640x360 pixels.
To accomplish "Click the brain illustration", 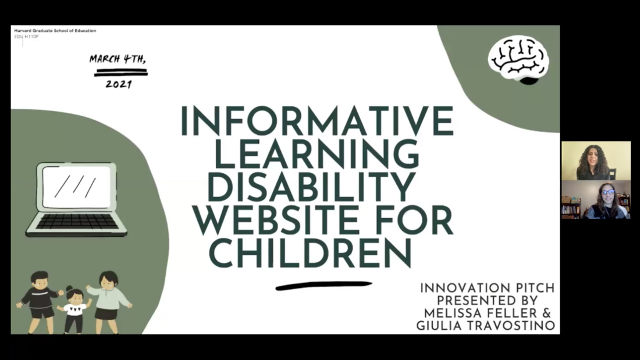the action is tap(518, 59).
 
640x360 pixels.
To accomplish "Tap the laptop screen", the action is tap(76, 187).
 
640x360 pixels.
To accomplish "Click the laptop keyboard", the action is tap(77, 221).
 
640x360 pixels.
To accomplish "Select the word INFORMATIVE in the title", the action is tap(317, 121).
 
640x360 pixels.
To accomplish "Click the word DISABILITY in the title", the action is tap(312, 187).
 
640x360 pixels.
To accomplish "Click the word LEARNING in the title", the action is tap(317, 154).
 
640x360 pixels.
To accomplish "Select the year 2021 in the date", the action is tap(119, 84).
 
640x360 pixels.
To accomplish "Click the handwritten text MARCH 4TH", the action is tap(118, 59).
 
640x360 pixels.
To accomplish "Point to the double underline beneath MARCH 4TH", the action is tap(121, 73).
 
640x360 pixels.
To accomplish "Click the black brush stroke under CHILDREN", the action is tap(323, 286).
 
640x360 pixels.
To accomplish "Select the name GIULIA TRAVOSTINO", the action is tap(486, 326).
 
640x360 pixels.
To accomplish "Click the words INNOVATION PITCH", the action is tap(488, 288).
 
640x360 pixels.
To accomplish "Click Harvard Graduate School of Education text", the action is tap(55, 31).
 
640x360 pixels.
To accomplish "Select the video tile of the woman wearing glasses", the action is tap(596, 200).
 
